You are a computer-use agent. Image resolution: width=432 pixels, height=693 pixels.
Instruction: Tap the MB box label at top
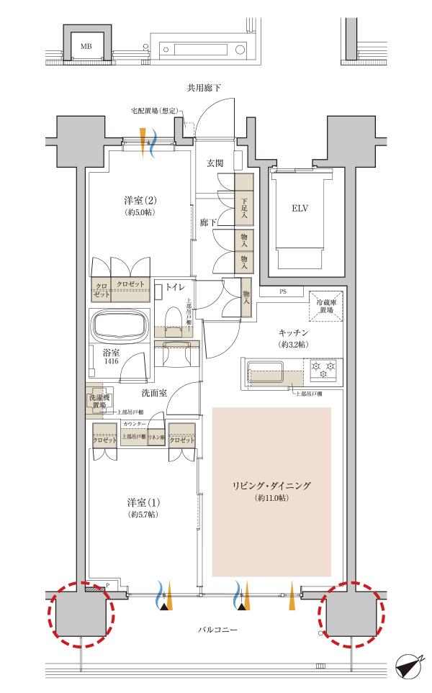pyautogui.click(x=86, y=47)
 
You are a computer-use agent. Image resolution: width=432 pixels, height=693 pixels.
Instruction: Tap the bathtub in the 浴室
pyautogui.click(x=117, y=325)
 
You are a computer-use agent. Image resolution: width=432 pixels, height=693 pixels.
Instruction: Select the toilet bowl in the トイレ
pyautogui.click(x=173, y=319)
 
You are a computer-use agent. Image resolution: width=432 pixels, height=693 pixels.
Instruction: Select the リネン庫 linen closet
pyautogui.click(x=157, y=438)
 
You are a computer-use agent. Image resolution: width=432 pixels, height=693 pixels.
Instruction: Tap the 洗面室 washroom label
pyautogui.click(x=155, y=393)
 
